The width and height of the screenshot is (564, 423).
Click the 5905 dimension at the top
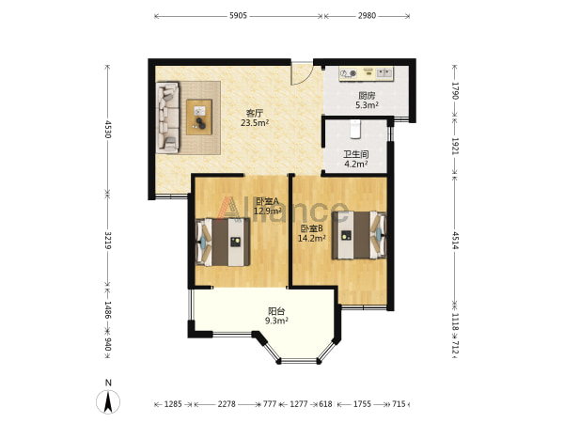[x=238, y=15]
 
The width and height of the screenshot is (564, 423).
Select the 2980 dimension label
[x=367, y=15]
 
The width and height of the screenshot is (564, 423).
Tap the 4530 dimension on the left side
[x=107, y=130]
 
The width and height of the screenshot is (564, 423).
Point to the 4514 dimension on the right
[x=455, y=241]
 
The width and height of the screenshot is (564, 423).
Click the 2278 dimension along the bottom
[x=227, y=404]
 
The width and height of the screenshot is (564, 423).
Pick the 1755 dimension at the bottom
[x=362, y=404]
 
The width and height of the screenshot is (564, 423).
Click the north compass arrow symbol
[x=108, y=401]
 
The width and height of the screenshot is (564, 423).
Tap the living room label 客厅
[x=255, y=114]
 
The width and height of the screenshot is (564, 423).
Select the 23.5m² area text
[x=255, y=123]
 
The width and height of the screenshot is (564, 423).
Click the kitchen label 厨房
[x=367, y=96]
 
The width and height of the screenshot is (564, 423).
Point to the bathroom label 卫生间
[x=355, y=155]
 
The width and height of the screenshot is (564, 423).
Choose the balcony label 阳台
[x=276, y=311]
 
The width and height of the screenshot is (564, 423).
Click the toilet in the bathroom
[x=355, y=129]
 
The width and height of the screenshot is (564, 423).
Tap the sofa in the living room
[x=167, y=117]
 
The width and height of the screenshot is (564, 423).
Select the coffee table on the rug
[x=199, y=117]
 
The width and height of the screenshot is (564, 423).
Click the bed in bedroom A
[x=223, y=243]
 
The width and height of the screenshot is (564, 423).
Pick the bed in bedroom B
[x=359, y=235]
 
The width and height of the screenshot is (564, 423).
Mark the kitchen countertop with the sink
[x=367, y=73]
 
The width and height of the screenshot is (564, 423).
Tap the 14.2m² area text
[x=312, y=238]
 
